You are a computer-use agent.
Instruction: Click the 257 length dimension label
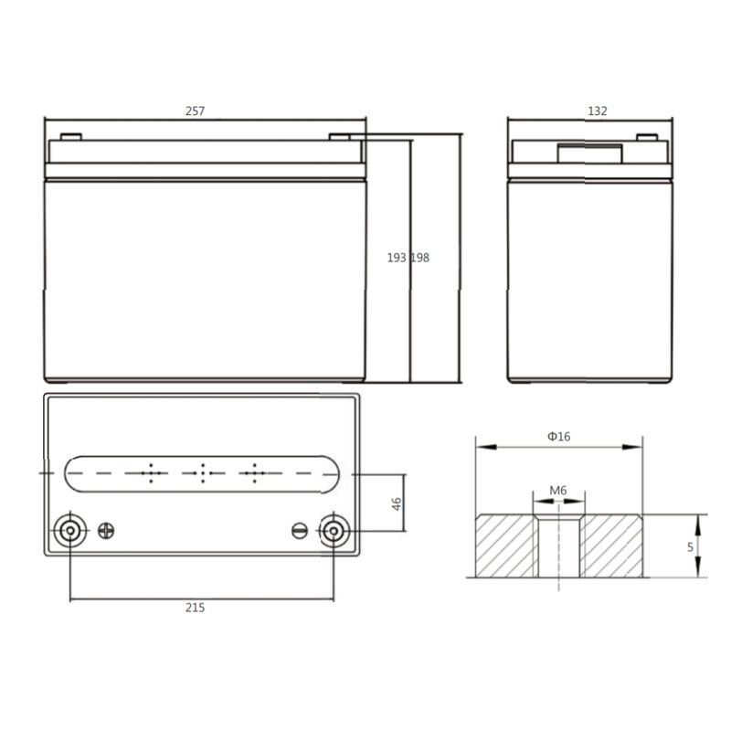tap(195, 111)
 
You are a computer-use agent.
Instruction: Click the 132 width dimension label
tap(598, 111)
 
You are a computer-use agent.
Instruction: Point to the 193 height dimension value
tap(397, 258)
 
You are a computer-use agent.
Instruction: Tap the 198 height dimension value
tap(420, 258)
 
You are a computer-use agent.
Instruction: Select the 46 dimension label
tap(397, 503)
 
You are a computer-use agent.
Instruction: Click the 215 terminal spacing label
tap(195, 608)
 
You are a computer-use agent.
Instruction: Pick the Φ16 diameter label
tap(558, 437)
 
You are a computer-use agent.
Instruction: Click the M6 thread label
tap(558, 491)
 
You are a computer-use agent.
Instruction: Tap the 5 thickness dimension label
tap(691, 547)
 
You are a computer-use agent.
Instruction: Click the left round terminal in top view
tap(70, 531)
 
